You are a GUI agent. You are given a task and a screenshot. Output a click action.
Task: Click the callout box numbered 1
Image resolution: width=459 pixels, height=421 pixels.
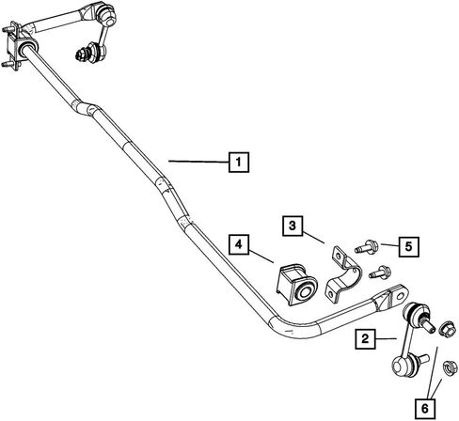pyautogui.click(x=239, y=163)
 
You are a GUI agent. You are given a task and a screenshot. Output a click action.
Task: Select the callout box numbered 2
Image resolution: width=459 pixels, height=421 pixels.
pyautogui.click(x=365, y=339)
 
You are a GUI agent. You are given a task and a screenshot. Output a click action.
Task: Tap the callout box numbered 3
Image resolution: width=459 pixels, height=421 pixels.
pyautogui.click(x=293, y=226)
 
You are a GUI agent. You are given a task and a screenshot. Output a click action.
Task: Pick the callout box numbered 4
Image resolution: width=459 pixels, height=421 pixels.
pyautogui.click(x=239, y=244)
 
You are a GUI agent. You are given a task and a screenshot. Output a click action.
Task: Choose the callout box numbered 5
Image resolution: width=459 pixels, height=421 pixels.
pyautogui.click(x=409, y=247)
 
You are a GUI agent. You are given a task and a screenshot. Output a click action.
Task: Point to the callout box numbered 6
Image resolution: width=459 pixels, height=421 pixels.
pyautogui.click(x=425, y=409)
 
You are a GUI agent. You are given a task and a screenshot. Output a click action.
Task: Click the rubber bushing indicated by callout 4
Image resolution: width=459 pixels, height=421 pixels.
pyautogui.click(x=296, y=285)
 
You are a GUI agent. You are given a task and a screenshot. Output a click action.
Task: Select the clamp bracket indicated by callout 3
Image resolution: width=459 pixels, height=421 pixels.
pyautogui.click(x=343, y=274)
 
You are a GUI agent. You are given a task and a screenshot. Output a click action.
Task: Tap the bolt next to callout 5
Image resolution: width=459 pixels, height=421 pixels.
pyautogui.click(x=367, y=247)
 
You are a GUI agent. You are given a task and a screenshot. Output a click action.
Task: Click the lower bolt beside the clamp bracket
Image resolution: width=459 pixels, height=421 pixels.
pyautogui.click(x=380, y=272)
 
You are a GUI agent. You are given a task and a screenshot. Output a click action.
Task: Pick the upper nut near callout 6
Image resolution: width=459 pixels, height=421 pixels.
pyautogui.click(x=448, y=329)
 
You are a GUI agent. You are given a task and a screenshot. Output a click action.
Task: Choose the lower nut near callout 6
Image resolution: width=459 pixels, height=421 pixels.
pyautogui.click(x=450, y=367)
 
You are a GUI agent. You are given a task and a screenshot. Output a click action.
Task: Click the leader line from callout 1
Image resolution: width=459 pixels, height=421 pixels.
pyautogui.click(x=198, y=162)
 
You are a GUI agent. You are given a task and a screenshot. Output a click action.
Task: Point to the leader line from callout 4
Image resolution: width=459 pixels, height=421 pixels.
pyautogui.click(x=261, y=256)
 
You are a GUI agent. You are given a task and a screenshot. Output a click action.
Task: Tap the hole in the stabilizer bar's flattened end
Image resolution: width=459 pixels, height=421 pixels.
pyautogui.click(x=400, y=295)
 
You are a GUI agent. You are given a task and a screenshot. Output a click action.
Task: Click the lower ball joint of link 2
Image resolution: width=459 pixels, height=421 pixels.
pyautogui.click(x=404, y=366)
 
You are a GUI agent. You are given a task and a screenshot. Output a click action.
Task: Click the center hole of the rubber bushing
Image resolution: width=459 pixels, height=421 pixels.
pyautogui.click(x=305, y=291)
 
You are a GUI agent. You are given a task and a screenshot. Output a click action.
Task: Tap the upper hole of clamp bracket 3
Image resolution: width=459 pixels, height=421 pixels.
pyautogui.click(x=338, y=256)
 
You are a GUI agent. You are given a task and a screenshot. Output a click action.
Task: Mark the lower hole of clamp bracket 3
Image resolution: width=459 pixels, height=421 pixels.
pyautogui.click(x=330, y=294)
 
